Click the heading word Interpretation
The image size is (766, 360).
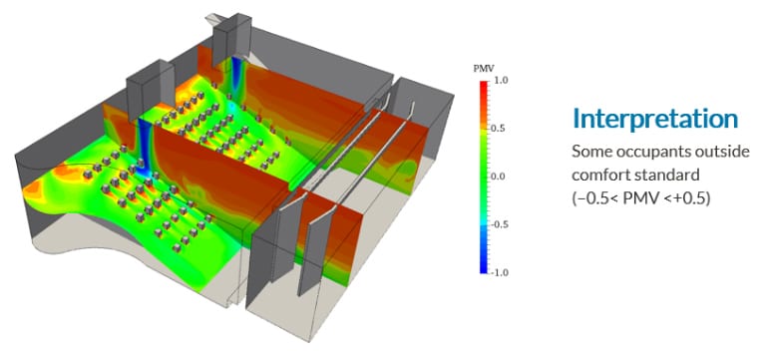tap(654, 119)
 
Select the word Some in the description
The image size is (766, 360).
tap(590, 151)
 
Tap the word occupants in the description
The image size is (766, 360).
tap(652, 152)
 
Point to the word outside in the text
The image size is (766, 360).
tap(721, 151)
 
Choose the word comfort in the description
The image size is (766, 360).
tap(600, 174)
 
